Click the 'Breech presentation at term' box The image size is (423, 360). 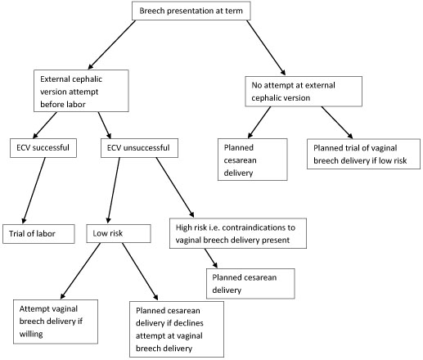191,11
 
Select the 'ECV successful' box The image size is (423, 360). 43,148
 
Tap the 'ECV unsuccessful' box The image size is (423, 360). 139,148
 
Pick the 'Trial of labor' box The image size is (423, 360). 38,234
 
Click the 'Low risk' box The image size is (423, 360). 119,233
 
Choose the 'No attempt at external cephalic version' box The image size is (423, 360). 304,92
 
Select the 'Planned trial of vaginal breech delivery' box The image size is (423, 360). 363,154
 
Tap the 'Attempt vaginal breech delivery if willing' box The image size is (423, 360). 56,322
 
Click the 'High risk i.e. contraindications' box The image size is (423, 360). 238,233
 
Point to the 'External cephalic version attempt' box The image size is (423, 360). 81,91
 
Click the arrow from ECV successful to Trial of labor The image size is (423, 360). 34,191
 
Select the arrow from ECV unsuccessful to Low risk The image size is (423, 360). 114,191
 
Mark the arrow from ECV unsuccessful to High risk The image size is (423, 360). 175,187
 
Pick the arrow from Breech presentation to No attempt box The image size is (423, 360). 266,47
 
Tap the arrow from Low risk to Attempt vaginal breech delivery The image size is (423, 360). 80,271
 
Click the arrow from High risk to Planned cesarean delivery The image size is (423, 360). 211,259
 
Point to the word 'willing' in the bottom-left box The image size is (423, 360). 31,334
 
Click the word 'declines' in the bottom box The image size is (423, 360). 188,323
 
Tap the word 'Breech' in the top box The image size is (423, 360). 152,11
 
